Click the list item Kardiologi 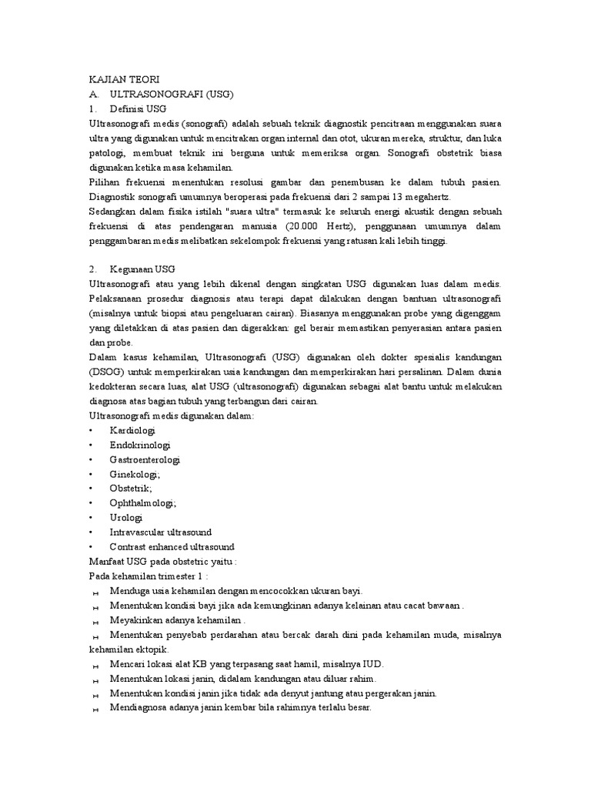pos(132,430)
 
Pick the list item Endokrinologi pos(140,445)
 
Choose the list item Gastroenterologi pos(145,459)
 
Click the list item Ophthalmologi pos(143,503)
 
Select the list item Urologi pos(126,518)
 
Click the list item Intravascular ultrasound pos(161,533)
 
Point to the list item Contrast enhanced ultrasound pos(172,547)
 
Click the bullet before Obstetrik pos(92,489)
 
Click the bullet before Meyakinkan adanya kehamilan pos(96,622)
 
